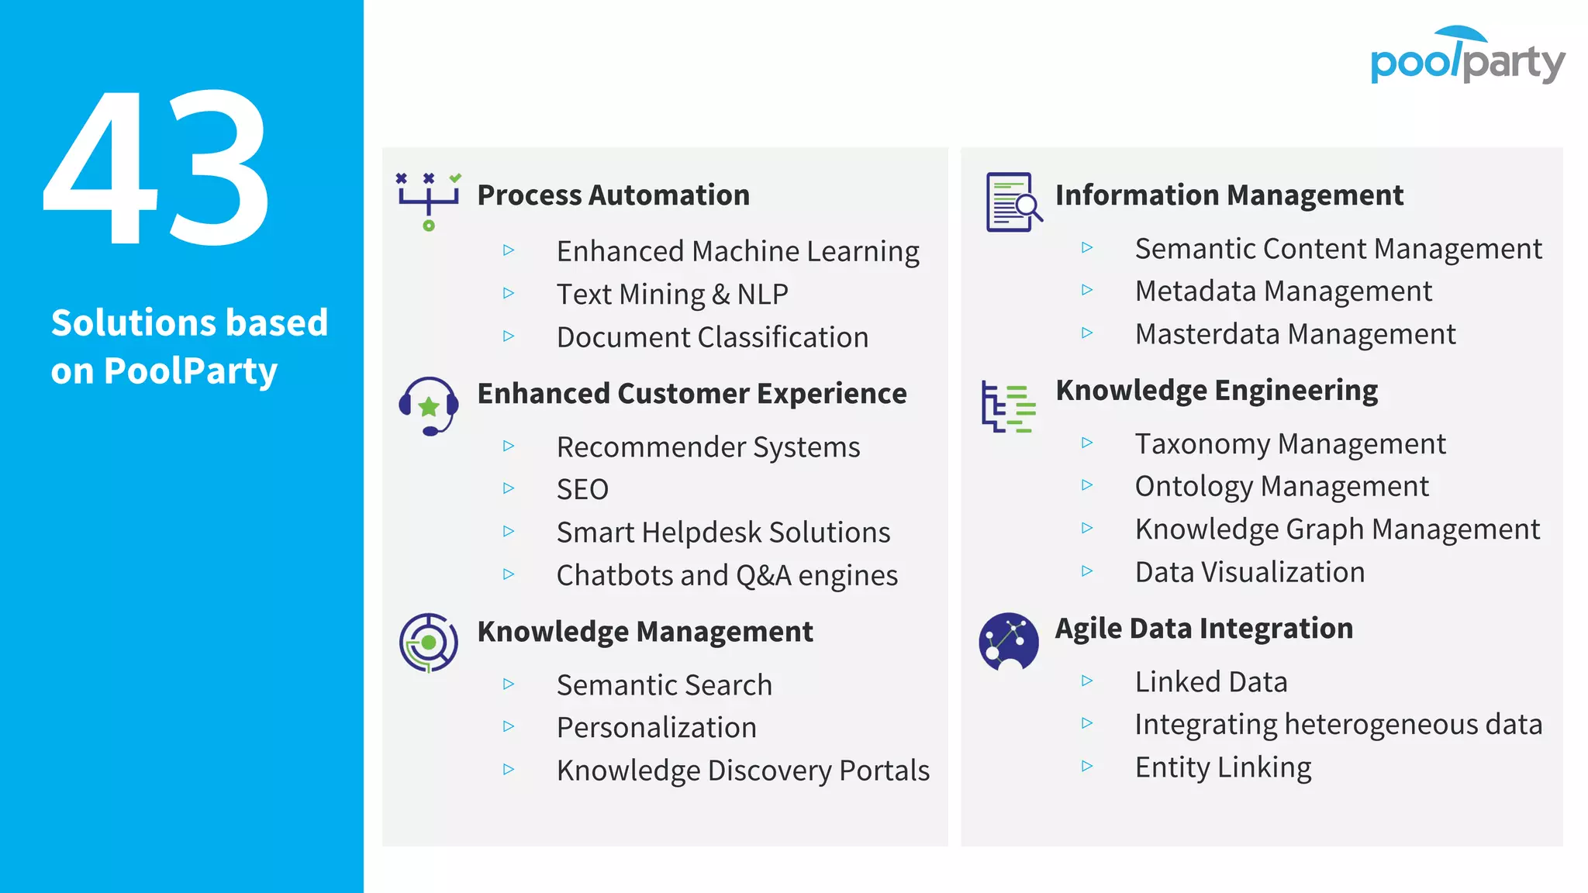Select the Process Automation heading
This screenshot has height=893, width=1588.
613,195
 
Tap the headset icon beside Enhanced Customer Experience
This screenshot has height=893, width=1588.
429,406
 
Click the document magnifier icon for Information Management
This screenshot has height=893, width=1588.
1013,202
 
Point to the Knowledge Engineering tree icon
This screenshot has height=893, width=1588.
1008,406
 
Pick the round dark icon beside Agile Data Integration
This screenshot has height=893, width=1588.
1008,642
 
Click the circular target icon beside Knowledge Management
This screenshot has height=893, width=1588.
429,643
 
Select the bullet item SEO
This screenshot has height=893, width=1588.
582,490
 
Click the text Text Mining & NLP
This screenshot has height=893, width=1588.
672,295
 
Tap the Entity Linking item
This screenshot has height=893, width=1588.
1223,767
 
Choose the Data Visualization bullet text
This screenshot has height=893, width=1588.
1249,572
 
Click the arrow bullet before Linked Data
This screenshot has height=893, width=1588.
1087,681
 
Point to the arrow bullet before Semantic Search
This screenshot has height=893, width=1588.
509,684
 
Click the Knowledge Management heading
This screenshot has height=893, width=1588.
645,632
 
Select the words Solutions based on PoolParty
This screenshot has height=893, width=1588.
189,347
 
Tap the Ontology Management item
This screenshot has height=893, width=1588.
1282,487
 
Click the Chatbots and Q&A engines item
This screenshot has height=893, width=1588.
727,576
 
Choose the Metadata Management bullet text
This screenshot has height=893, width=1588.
1283,291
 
